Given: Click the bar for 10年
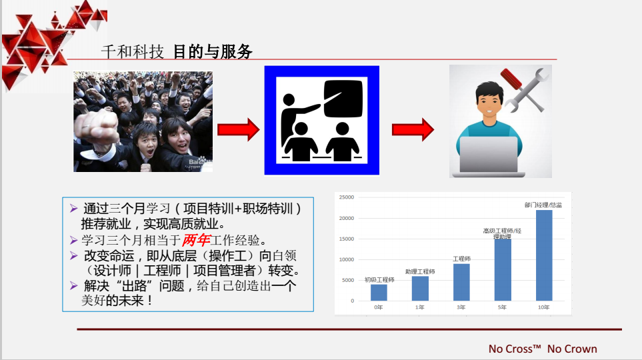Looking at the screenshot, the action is click(x=544, y=255).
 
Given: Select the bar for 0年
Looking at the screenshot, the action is click(x=379, y=293).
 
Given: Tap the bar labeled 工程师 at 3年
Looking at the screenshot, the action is click(x=461, y=282).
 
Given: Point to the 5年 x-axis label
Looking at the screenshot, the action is click(x=502, y=307).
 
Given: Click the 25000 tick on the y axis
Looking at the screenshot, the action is click(x=347, y=197).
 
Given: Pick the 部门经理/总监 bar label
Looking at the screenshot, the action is click(x=543, y=205).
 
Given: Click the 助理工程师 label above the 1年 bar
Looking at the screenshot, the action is click(x=420, y=271).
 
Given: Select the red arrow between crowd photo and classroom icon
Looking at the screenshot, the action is click(x=238, y=130).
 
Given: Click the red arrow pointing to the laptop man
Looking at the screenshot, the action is click(x=413, y=130).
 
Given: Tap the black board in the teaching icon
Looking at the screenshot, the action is click(x=343, y=99).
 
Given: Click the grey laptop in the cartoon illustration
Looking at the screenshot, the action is click(x=489, y=156).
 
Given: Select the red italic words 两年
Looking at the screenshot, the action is click(x=196, y=240).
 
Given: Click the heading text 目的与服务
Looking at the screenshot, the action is click(x=213, y=52).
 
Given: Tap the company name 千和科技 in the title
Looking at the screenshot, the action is click(x=132, y=52).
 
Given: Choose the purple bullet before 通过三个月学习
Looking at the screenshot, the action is click(x=74, y=209).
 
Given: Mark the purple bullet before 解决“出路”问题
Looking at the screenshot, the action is click(x=74, y=285).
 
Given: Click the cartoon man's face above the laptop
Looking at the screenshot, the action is click(x=490, y=103).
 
